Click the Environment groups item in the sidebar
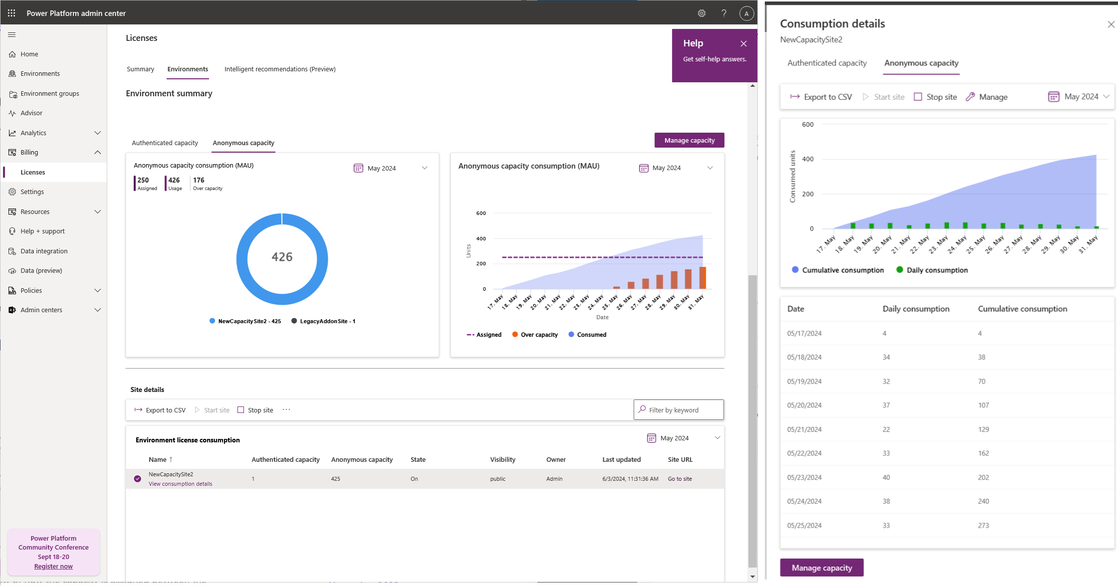pos(49,94)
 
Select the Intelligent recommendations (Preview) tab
pos(279,69)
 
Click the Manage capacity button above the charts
pos(689,141)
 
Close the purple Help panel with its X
pos(743,44)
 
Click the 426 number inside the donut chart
pos(282,257)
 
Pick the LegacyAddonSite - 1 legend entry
pos(327,321)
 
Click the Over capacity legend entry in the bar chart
pos(539,335)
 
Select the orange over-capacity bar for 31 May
pos(703,278)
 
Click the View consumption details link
pos(180,484)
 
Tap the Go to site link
pos(679,479)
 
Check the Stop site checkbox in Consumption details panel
pos(917,97)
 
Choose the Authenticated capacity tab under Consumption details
pos(827,63)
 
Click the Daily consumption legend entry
pos(936,270)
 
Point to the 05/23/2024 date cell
pos(804,477)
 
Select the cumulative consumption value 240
pos(983,501)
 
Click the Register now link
pos(53,567)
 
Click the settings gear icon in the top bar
pos(701,13)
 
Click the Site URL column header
pos(680,460)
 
